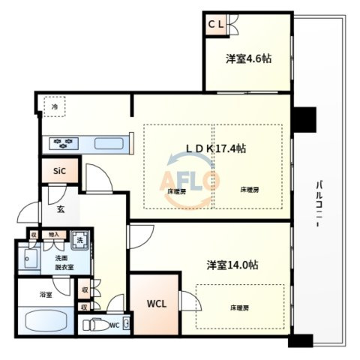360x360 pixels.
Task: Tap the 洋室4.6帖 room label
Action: coord(248,59)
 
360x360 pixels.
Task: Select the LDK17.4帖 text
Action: coord(217,148)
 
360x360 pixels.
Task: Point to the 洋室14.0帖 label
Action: coord(233,265)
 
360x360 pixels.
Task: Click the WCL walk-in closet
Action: coord(155,304)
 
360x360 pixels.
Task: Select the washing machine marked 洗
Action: coord(78,241)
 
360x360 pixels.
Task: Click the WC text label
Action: coord(114,325)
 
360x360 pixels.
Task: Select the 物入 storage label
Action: coord(53,235)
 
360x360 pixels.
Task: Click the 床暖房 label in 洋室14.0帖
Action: coord(239,307)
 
